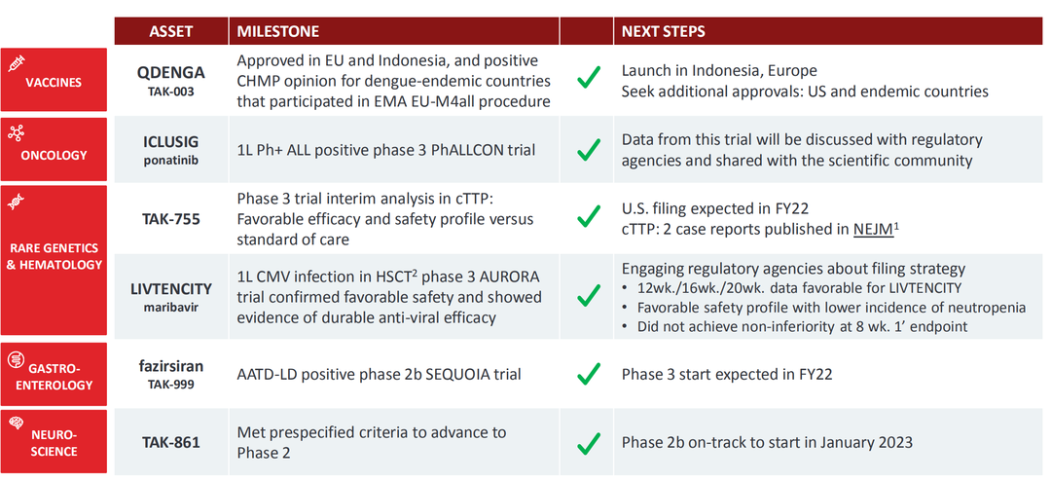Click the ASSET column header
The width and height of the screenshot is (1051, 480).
click(x=171, y=31)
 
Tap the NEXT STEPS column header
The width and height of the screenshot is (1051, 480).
click(x=663, y=31)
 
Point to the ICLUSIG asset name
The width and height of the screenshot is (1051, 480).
click(x=171, y=141)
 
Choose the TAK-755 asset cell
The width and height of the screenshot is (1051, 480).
click(x=171, y=218)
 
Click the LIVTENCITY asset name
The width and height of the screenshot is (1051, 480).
click(x=171, y=289)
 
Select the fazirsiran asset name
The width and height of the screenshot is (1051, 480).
click(x=171, y=367)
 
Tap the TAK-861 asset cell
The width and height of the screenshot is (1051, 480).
click(x=171, y=442)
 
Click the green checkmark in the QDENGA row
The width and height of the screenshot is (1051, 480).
click(x=588, y=79)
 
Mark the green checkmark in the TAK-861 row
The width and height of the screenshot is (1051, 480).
click(x=588, y=442)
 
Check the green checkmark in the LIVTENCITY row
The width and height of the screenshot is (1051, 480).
click(x=588, y=294)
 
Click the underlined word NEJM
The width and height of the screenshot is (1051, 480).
click(x=873, y=229)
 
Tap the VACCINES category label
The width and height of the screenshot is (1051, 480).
click(x=54, y=83)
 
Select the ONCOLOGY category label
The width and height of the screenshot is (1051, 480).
click(x=54, y=156)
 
